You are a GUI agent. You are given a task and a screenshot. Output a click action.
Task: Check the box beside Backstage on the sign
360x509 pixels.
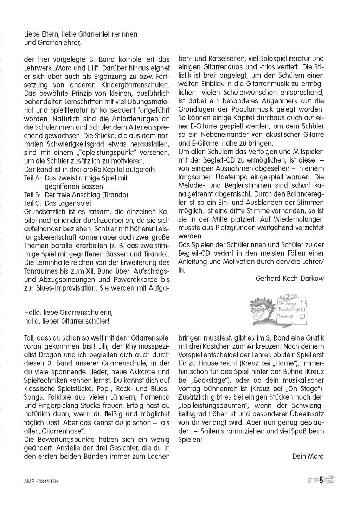pos(303,309)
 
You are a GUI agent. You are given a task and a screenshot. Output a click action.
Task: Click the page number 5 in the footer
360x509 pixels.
pos(321,480)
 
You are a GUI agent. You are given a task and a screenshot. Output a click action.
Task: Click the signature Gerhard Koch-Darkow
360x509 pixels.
pos(290,279)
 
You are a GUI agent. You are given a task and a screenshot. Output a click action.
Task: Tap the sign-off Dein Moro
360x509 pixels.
pos(308,456)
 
